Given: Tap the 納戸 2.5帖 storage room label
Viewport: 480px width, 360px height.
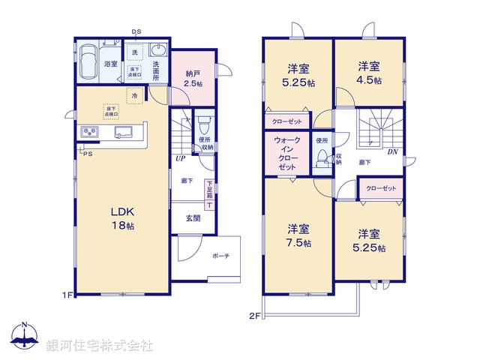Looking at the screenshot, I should tap(193, 78).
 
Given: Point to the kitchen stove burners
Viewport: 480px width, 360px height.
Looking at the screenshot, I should tap(90, 133).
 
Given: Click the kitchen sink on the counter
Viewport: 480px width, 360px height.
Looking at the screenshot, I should tap(122, 133).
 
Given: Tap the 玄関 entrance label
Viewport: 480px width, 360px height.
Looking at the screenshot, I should tap(193, 218).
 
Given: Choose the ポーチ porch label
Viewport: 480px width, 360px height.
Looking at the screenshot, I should tap(221, 256).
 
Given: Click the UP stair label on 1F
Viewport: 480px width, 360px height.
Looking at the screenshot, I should tap(181, 159).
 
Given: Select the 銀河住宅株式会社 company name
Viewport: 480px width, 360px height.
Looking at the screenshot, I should tap(100, 345).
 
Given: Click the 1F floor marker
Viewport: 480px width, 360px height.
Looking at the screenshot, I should tap(67, 295).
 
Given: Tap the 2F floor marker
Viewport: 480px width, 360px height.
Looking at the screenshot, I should tap(254, 315).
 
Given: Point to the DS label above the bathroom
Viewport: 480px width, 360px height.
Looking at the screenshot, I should tap(136, 31).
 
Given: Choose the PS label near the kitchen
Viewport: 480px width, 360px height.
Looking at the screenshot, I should tap(88, 154).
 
